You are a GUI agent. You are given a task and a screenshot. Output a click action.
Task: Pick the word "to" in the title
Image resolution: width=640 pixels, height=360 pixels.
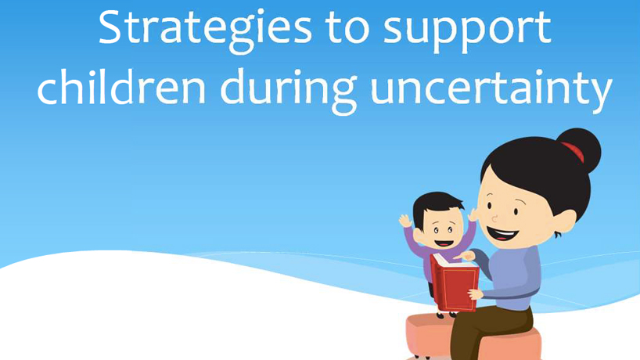(347, 31)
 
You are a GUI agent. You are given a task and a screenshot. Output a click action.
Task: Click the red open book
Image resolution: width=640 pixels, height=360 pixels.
(455, 282)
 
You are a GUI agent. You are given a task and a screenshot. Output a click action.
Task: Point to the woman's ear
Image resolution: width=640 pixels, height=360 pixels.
(563, 221)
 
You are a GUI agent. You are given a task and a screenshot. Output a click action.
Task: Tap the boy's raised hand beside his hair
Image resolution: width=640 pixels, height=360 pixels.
(405, 221)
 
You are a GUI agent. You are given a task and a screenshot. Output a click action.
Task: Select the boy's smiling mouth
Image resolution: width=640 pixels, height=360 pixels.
(444, 243)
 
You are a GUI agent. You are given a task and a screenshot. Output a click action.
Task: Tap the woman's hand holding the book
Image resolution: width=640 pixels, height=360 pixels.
(476, 293)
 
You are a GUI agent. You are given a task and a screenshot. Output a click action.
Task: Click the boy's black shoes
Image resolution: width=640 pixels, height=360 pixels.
(446, 315)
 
